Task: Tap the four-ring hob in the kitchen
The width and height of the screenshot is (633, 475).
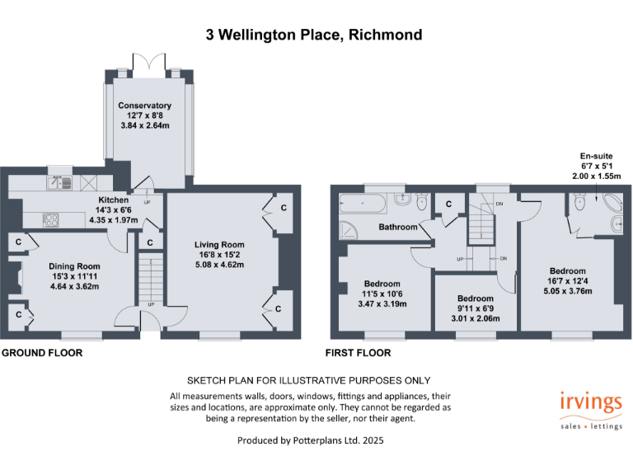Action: tap(50, 219)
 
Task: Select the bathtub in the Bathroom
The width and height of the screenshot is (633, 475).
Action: tap(358, 200)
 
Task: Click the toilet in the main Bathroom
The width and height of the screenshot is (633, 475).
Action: tap(422, 200)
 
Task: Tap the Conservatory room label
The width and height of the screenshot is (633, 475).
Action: tap(144, 106)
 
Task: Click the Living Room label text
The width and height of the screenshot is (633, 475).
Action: tap(219, 245)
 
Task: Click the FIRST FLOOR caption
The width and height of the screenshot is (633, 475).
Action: tap(359, 353)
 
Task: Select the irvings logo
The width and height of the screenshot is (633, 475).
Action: tap(589, 403)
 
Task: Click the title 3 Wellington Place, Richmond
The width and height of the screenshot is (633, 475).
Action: tap(314, 35)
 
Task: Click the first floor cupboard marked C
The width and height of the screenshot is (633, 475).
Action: tap(449, 204)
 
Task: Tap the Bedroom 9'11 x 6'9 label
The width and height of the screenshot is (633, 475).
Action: tap(476, 299)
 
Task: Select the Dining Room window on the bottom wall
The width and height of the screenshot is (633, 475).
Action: tap(82, 336)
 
